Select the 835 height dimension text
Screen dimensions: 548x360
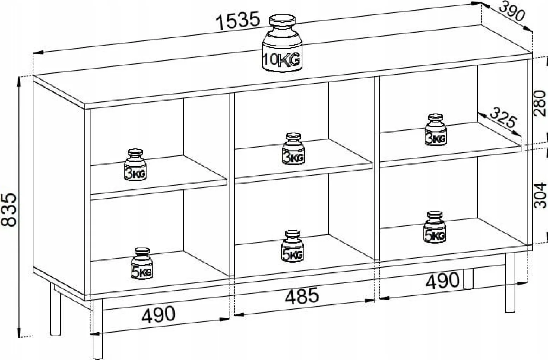point(9,210)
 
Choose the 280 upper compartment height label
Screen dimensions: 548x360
point(540,103)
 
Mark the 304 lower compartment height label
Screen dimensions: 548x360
point(540,195)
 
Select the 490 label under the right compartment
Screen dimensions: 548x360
point(443,280)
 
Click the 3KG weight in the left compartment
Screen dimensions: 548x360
point(135,165)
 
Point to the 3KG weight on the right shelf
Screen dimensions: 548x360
point(436,130)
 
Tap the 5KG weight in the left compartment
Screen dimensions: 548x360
point(142,264)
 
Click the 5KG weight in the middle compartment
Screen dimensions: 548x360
point(293,246)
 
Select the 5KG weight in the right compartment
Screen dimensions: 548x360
point(435,227)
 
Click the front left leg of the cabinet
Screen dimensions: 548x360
point(98,329)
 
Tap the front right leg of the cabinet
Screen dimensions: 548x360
point(510,282)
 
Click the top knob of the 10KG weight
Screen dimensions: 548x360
point(282,20)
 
